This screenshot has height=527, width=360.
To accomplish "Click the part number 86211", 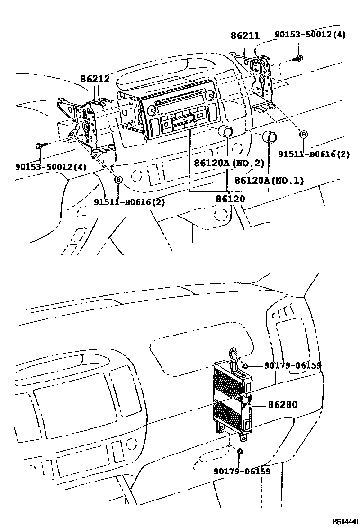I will (x=245, y=36).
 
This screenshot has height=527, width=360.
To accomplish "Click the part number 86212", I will (x=95, y=80).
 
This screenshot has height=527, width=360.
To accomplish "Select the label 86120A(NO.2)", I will (x=228, y=164).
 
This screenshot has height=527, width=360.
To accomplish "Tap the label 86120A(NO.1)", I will (x=269, y=181).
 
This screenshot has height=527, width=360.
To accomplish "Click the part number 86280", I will (x=282, y=405).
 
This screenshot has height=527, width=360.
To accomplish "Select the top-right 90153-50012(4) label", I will (x=310, y=35).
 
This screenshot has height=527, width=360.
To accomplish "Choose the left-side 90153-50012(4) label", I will (x=51, y=167).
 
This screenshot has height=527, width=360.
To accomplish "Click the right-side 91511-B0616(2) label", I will (x=314, y=154).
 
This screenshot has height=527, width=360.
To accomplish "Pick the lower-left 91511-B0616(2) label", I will (x=129, y=202).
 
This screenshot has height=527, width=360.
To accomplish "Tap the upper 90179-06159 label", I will (x=293, y=366).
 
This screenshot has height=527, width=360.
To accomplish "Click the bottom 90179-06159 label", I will (x=242, y=472).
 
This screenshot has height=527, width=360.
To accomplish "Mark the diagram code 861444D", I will (x=346, y=522).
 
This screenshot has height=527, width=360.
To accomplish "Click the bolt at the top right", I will (x=299, y=59).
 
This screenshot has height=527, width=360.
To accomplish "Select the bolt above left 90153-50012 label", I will (x=40, y=146).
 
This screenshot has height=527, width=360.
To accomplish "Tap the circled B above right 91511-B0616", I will (x=304, y=135).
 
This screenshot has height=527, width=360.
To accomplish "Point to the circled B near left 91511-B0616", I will (x=118, y=180).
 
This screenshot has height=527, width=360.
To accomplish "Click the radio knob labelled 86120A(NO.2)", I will (x=225, y=132).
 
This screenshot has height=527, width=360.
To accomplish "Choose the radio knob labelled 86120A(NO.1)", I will (x=270, y=136).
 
